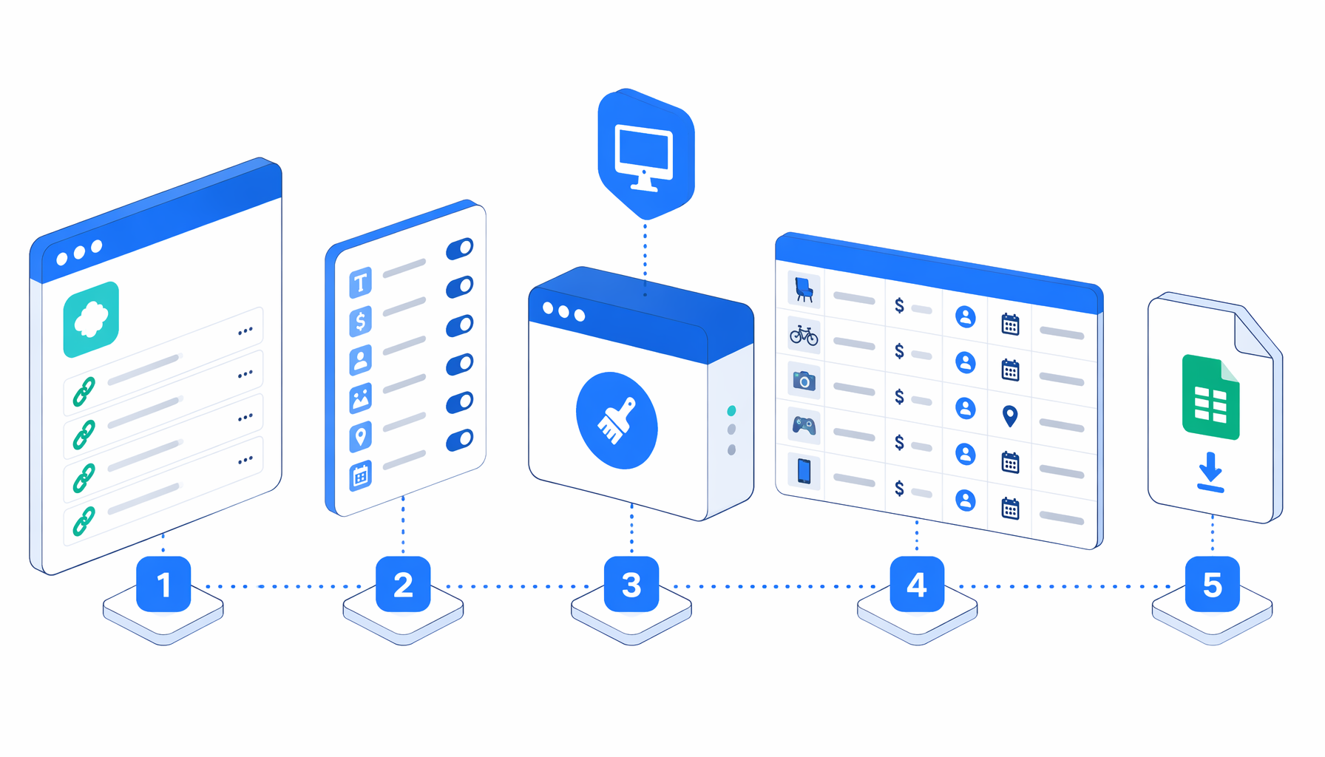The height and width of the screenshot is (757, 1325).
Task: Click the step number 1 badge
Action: [x=163, y=584]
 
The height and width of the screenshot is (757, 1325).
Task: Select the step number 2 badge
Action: [x=403, y=584]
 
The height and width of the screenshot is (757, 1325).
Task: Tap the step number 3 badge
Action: [x=631, y=584]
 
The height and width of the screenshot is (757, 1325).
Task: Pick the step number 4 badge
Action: [x=917, y=584]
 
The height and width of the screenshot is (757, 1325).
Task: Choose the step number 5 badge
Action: [x=1213, y=584]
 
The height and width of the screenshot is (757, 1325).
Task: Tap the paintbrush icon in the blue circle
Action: [x=616, y=421]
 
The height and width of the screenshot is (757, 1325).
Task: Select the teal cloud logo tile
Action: [x=91, y=319]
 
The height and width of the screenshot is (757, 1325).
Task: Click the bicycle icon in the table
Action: [x=804, y=335]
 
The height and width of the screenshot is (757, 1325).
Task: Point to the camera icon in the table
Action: [x=804, y=381]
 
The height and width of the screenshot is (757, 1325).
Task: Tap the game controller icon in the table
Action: [x=804, y=426]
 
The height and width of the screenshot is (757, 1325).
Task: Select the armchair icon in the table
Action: [x=804, y=289]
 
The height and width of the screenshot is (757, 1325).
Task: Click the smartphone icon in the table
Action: [x=804, y=471]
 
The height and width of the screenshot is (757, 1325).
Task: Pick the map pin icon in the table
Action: [x=1010, y=416]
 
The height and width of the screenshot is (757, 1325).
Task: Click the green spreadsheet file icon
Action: [x=1210, y=397]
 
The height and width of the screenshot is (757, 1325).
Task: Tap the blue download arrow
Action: [x=1210, y=471]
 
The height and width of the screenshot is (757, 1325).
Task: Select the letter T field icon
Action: [x=360, y=282]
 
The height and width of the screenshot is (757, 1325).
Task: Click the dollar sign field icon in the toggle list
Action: [x=360, y=321]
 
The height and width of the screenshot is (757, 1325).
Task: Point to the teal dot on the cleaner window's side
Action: [x=731, y=411]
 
